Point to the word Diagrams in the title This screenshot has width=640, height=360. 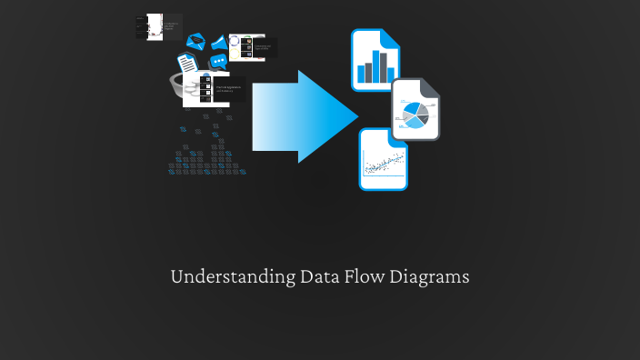click(x=430, y=277)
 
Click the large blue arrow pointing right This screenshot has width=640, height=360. click(x=300, y=116)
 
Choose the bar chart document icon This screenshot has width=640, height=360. click(x=375, y=61)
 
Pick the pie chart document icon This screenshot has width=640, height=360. click(x=415, y=110)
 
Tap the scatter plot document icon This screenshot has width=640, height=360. click(x=383, y=159)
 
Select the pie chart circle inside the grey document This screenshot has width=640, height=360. click(x=414, y=115)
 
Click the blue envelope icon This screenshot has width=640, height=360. click(x=195, y=41)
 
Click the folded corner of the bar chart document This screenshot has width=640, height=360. click(x=391, y=38)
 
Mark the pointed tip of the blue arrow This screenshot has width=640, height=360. click(x=356, y=116)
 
